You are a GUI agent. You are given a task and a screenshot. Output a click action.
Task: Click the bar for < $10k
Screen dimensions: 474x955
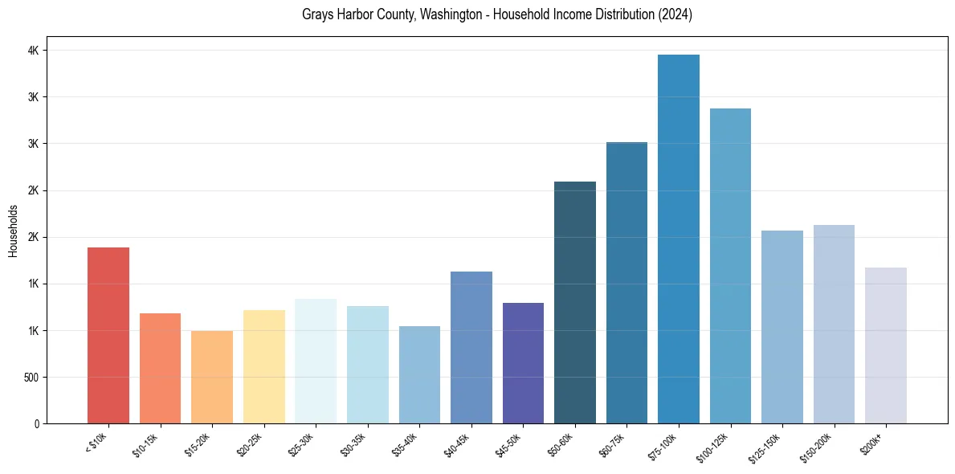point(108,335)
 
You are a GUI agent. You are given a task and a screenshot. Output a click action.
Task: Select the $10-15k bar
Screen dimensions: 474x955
point(160,368)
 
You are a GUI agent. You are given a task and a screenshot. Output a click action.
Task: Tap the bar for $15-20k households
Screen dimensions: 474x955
point(212,377)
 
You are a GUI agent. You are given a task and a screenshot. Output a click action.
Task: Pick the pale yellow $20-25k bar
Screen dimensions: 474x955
point(264,366)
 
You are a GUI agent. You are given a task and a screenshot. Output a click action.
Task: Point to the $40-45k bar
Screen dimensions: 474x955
point(471,347)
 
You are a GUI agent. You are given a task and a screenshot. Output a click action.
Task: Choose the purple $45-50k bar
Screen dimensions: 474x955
point(523,363)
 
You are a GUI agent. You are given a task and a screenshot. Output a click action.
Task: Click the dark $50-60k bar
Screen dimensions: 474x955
point(575,302)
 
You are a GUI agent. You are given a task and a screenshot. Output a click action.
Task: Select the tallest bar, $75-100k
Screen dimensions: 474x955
point(679,239)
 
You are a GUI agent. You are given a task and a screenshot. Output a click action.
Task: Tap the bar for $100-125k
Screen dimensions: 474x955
point(730,266)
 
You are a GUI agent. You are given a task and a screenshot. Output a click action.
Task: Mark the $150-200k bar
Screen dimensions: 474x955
point(834,324)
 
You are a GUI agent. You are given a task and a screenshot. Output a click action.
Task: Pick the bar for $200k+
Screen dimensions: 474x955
point(886,345)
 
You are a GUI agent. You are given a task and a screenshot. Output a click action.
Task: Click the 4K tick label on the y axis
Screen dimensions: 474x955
point(35,51)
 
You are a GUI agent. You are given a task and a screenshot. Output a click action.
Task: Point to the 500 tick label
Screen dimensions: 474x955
point(31,378)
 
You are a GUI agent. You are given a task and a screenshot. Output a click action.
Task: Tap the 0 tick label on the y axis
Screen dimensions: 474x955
point(37,424)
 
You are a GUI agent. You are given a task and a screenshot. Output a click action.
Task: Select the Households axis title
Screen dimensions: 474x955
point(14,231)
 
